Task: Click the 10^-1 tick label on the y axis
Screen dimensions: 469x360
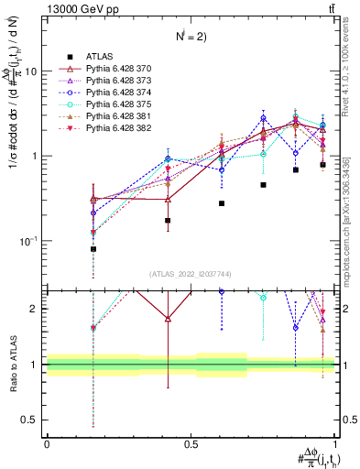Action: tap(28, 241)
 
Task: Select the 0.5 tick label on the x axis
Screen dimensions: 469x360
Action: tap(191, 444)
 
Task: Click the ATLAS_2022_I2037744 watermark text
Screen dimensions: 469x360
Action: tap(190, 274)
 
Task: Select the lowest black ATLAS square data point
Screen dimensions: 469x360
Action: tap(93, 249)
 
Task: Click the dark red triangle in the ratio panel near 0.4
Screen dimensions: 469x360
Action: tap(167, 319)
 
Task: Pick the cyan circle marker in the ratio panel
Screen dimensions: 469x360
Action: tap(263, 298)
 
